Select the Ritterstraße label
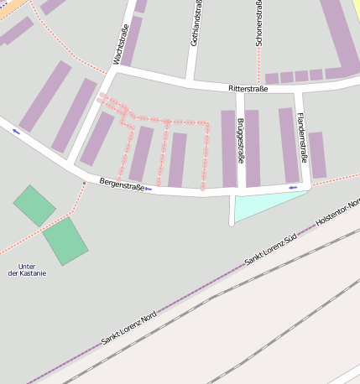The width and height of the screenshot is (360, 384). tap(248, 88)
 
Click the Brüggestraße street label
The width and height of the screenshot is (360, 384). tap(241, 143)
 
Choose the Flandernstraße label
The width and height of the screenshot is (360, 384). tap(302, 137)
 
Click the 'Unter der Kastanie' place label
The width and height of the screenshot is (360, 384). tap(26, 270)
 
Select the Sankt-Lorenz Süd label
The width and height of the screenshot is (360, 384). tap(271, 250)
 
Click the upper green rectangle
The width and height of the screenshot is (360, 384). tap(34, 205)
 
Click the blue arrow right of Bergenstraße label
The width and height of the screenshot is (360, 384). tap(149, 189)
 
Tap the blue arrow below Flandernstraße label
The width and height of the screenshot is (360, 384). tap(293, 187)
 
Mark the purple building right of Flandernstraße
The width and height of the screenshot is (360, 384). tap(317, 154)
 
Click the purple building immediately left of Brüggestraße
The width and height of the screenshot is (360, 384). tap(228, 148)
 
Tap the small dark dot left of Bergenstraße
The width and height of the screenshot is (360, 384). tap(84, 182)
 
